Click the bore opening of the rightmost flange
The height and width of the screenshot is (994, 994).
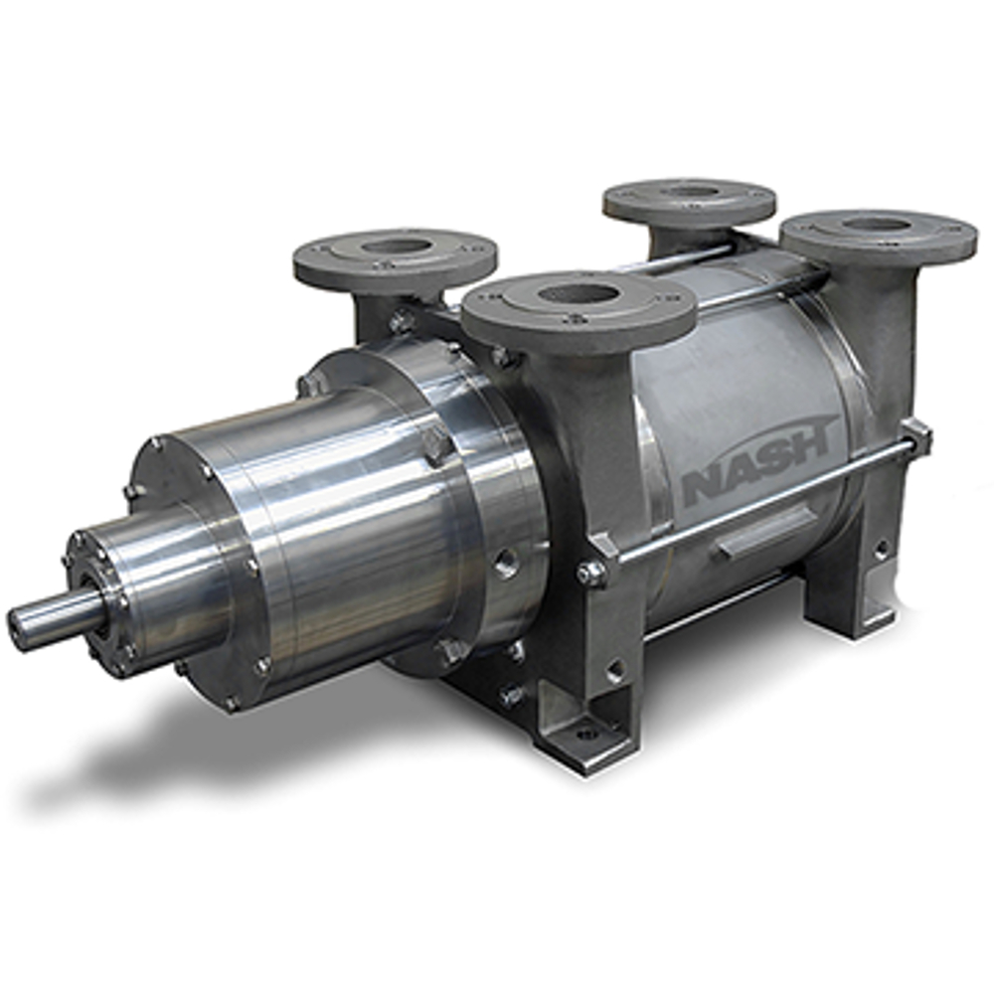click(877, 225)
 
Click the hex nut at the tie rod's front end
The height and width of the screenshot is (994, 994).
click(592, 572)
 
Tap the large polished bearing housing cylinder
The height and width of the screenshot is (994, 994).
click(328, 527)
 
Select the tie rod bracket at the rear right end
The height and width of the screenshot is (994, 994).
click(914, 437)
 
